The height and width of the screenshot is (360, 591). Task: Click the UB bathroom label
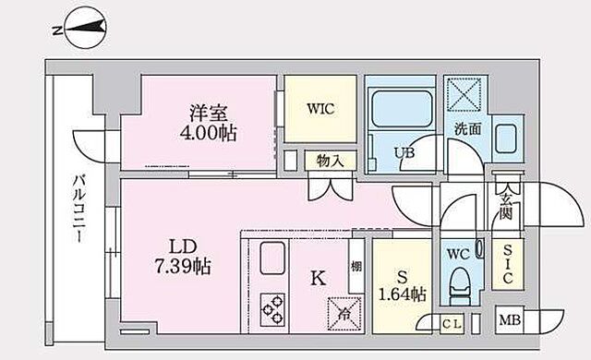point(404,151)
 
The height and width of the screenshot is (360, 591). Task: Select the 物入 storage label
point(329,160)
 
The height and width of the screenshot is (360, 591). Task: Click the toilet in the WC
point(459,282)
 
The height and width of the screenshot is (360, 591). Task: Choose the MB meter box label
point(509,321)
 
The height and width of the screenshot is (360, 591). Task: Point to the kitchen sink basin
point(273,258)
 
